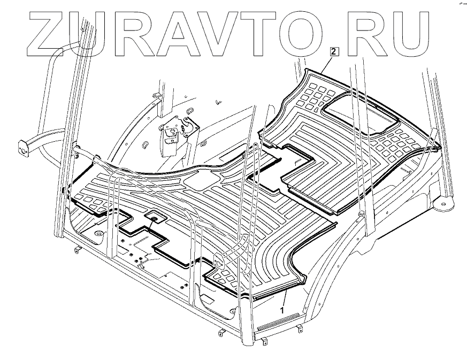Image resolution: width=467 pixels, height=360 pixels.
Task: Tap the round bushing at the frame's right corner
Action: click(443, 204)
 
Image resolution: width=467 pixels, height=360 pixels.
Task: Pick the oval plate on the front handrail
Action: click(218, 261)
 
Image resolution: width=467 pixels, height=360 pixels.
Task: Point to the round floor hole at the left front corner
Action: click(99, 234)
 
